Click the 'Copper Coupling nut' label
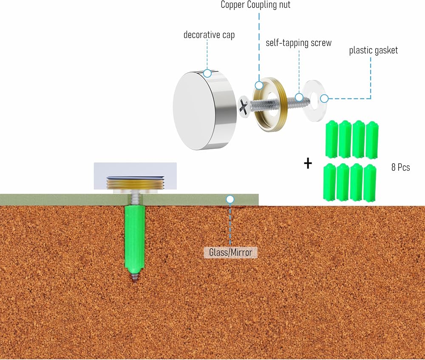[x=255, y=5]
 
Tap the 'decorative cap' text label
[x=209, y=35]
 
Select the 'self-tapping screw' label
[x=299, y=43]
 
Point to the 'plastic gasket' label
[x=374, y=50]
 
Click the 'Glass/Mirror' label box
[x=230, y=252]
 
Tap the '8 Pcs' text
[x=401, y=167]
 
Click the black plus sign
[x=308, y=164]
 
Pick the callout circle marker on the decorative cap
[x=207, y=73]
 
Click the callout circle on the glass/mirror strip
[x=230, y=199]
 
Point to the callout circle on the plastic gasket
[x=324, y=99]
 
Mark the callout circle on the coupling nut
[x=259, y=85]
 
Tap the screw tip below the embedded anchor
[x=134, y=278]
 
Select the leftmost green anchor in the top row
[x=331, y=139]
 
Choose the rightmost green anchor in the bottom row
[x=370, y=183]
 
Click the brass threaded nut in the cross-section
[x=135, y=184]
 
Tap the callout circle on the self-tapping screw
[x=299, y=97]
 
